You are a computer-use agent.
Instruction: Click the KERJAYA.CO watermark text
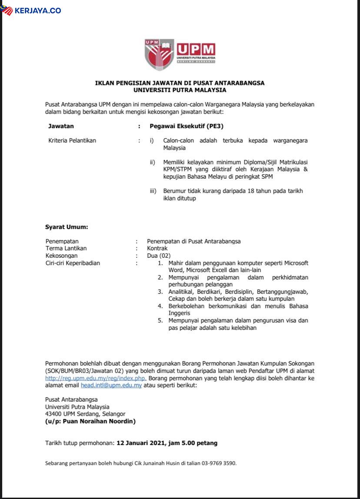[37, 10]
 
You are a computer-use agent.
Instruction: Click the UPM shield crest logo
[159, 54]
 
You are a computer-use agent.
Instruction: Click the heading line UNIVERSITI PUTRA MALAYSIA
[180, 90]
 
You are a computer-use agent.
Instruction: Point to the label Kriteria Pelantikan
[72, 140]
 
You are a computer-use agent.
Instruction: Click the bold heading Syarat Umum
[67, 227]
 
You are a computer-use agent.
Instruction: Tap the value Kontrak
[157, 248]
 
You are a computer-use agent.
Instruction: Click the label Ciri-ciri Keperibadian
[73, 263]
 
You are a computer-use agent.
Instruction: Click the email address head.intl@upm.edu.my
[111, 386]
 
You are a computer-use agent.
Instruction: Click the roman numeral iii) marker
[153, 191]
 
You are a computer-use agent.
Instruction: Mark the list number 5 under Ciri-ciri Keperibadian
[160, 320]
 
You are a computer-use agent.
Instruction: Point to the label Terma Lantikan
[66, 248]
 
